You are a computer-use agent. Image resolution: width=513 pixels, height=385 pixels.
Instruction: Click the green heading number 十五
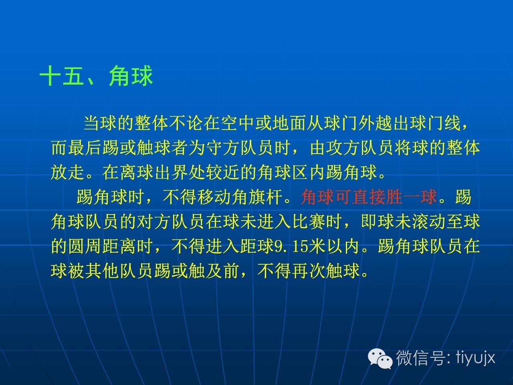62,76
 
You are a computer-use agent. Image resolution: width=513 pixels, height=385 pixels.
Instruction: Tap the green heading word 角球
131,76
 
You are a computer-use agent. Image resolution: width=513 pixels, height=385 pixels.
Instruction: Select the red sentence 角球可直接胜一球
369,197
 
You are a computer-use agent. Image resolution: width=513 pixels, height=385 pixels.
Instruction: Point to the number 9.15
291,246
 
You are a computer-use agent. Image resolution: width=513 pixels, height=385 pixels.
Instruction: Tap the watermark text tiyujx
476,358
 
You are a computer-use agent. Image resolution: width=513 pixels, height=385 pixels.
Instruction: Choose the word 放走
68,172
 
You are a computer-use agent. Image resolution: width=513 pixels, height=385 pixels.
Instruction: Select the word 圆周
85,246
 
